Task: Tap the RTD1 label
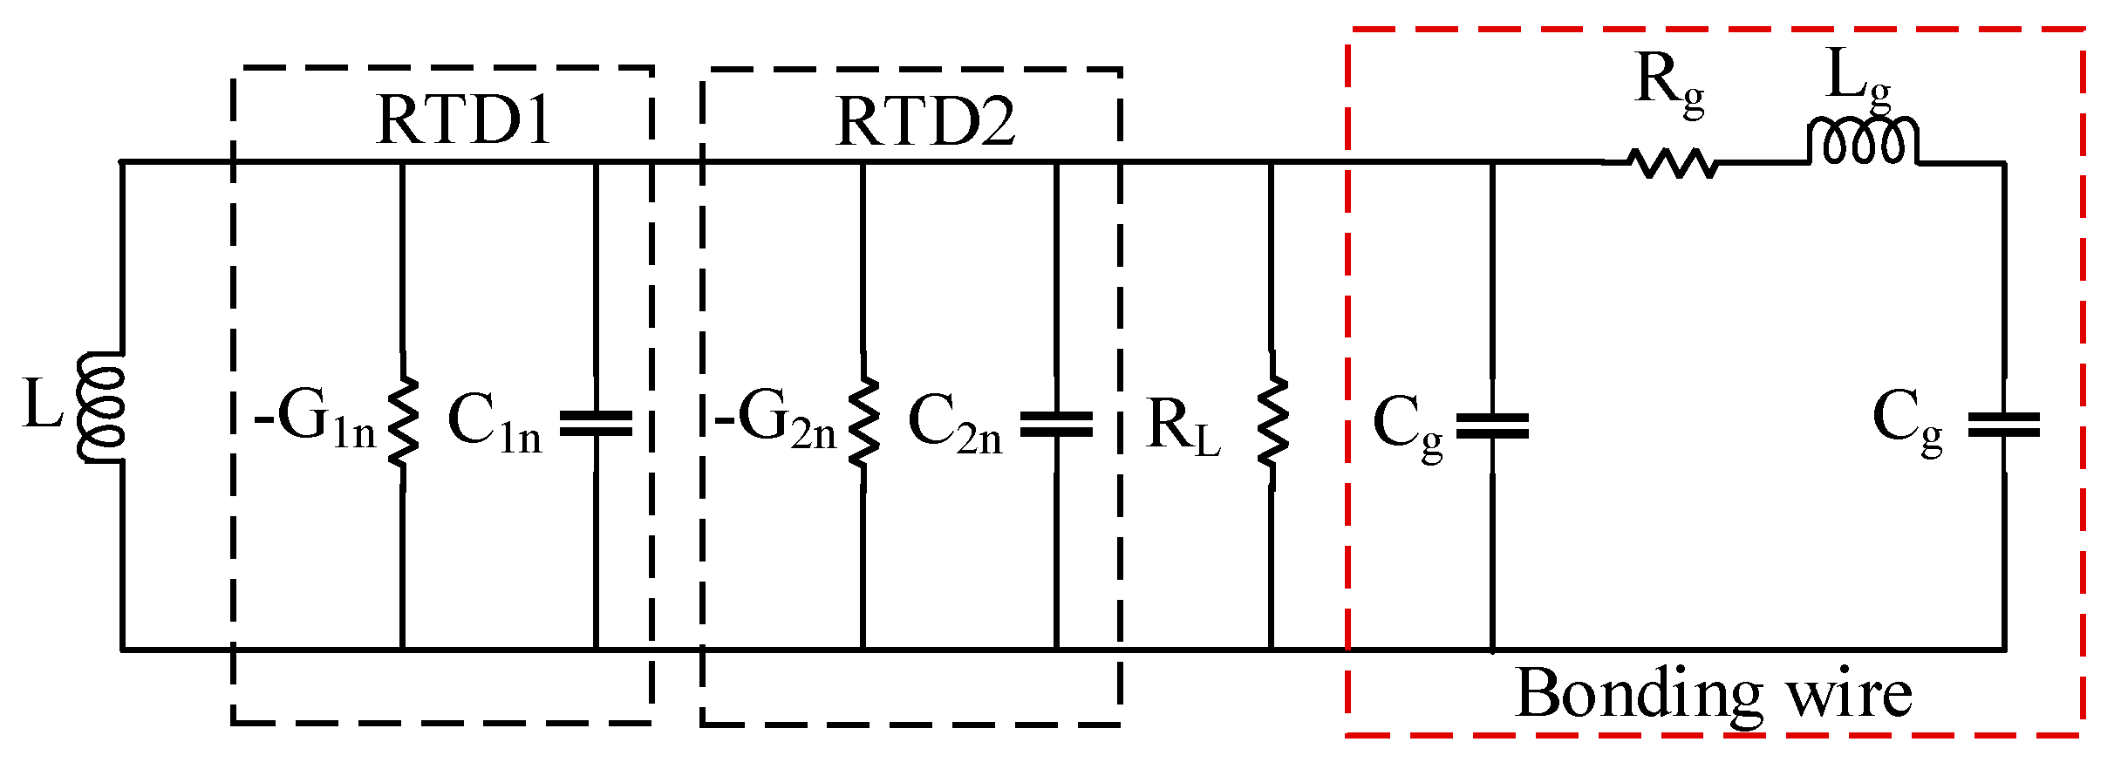click(463, 120)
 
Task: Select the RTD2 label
click(925, 122)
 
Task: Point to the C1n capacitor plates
click(596, 424)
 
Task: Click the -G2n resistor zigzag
click(863, 422)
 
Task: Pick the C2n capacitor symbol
click(1056, 425)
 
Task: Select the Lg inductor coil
click(1862, 141)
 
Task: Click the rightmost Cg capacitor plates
click(2003, 425)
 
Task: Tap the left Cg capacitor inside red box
click(1492, 426)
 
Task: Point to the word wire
click(1849, 696)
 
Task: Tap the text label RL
click(1183, 427)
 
